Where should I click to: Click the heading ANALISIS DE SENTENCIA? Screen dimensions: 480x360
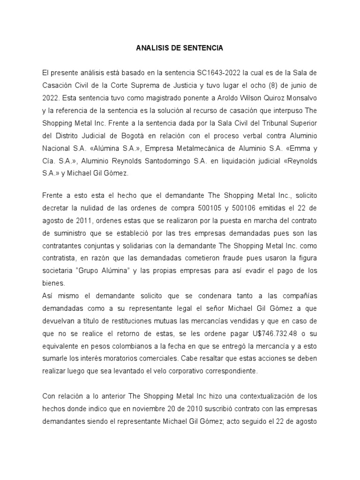180,48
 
